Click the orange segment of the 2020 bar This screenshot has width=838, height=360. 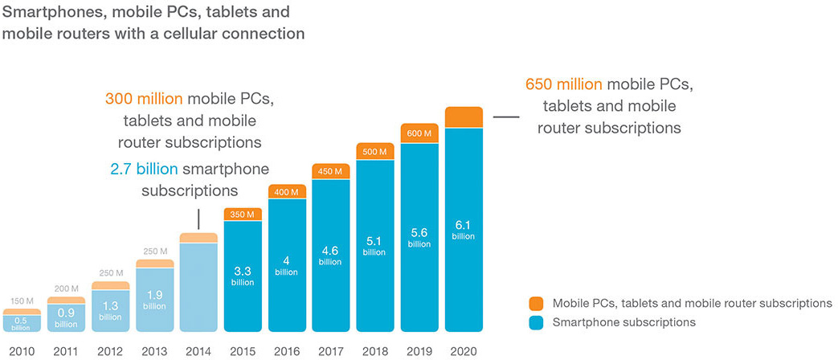point(463,117)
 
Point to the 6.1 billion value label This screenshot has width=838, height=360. point(463,231)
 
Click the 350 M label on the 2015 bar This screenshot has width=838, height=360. point(243,214)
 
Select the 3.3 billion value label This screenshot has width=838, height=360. point(243,275)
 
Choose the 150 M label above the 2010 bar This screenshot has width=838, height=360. point(22,301)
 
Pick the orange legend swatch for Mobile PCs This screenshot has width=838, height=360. point(538,304)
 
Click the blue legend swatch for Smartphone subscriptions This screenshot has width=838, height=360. point(538,322)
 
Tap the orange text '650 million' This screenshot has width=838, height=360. point(564,84)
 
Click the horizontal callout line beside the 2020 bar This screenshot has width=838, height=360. point(505,117)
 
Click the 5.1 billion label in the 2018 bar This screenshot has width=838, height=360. point(374,245)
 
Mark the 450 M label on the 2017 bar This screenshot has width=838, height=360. point(330,170)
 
